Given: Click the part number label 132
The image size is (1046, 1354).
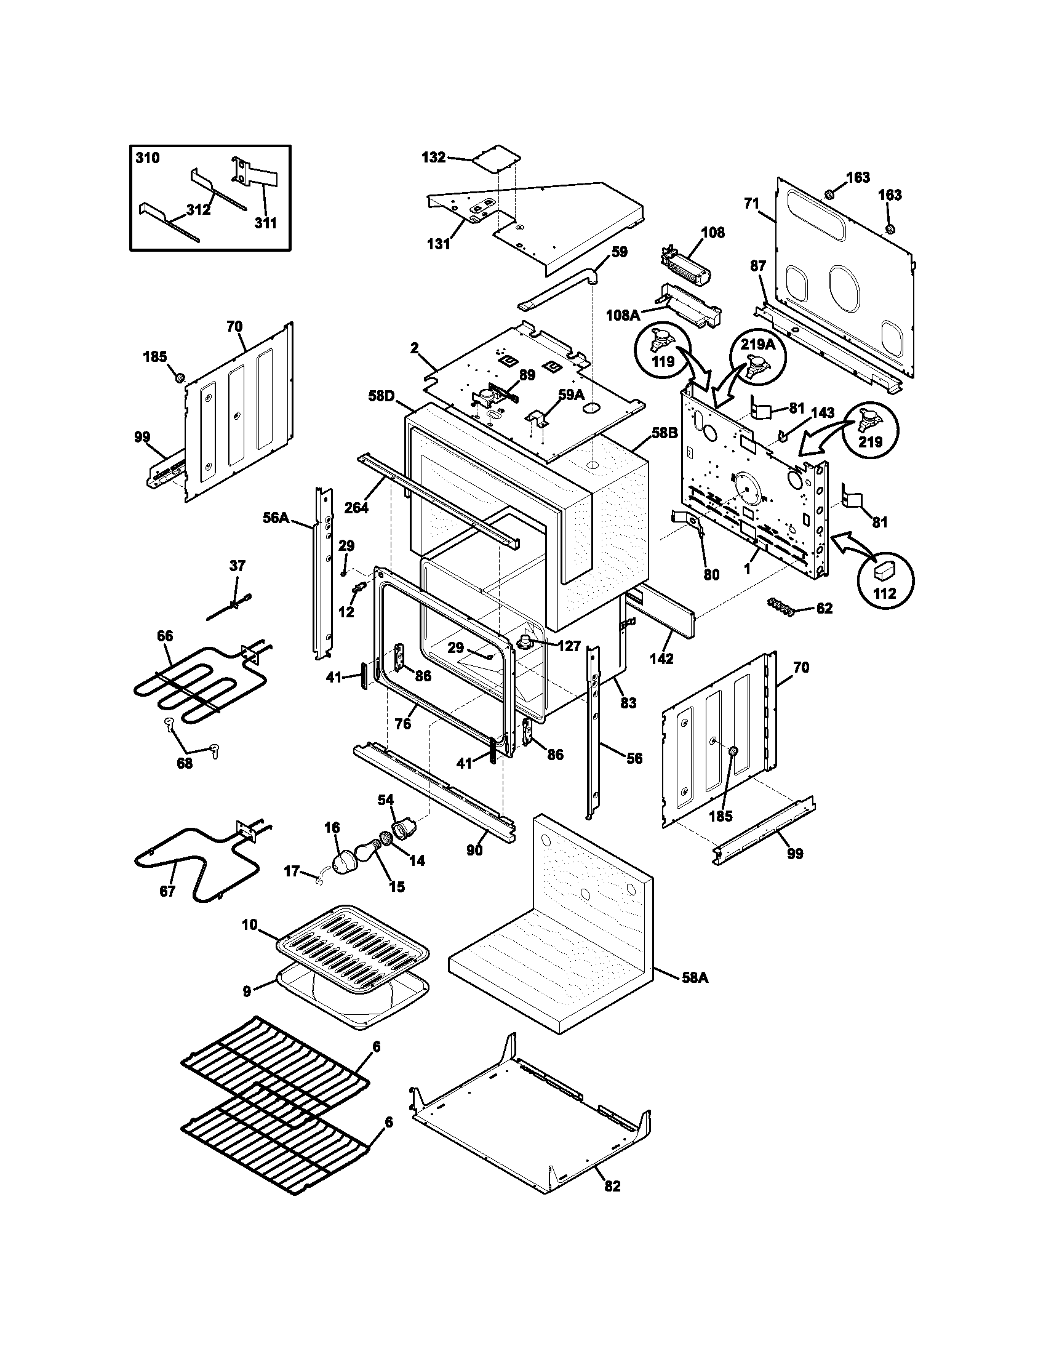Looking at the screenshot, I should pos(433,158).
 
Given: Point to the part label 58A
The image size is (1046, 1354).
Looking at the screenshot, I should pos(695,978).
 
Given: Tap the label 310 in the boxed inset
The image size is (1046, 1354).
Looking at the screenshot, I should pos(148,158).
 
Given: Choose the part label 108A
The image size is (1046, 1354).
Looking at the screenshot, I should pos(623,316).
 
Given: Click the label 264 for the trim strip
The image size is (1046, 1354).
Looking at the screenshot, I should pos(356,508).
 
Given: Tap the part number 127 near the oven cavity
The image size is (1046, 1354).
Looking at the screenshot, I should pos(569,646).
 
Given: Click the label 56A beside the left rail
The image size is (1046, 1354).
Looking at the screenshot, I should pos(276,518).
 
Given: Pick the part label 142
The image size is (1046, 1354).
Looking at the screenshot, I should pos(661,659).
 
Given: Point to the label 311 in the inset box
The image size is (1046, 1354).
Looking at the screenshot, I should pos(265,223).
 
